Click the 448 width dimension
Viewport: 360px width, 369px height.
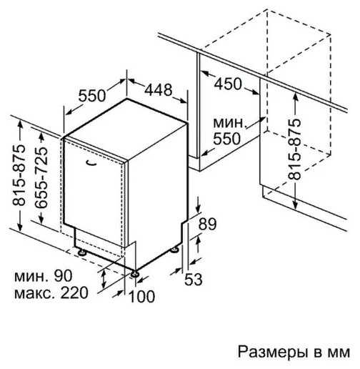(159, 90)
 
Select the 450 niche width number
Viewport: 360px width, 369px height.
(228, 84)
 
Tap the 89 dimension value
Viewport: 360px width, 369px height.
(207, 224)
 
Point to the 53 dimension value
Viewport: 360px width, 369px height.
(194, 279)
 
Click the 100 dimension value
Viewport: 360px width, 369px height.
(141, 296)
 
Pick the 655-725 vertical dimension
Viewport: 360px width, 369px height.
(41, 177)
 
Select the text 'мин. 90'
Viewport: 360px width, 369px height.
(43, 276)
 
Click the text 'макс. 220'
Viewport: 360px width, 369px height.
(51, 292)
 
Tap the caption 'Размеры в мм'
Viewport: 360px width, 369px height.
(294, 352)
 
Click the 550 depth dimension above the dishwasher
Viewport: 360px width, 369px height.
(92, 96)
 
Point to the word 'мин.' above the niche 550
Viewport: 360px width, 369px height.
(229, 123)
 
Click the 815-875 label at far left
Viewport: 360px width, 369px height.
(19, 174)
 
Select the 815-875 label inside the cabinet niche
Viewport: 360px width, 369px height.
(294, 149)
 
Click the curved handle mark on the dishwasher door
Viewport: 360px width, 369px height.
(91, 163)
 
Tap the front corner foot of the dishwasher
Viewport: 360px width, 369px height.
(134, 274)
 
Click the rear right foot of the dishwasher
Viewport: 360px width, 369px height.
(174, 250)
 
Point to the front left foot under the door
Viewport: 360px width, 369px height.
(82, 252)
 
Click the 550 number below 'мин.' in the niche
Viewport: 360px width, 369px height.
(226, 139)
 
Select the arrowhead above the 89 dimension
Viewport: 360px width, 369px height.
(199, 209)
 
